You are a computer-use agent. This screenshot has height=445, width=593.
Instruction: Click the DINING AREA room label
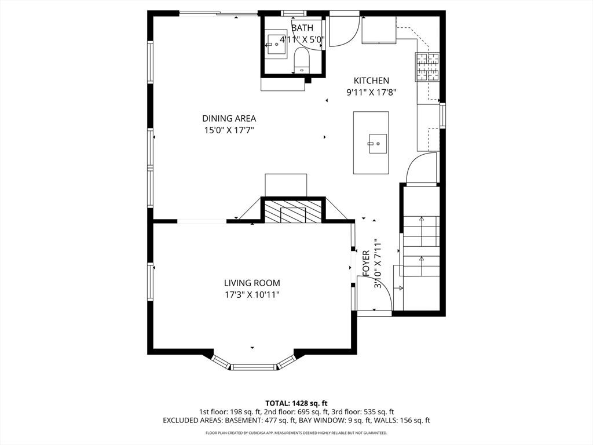pyautogui.click(x=229, y=118)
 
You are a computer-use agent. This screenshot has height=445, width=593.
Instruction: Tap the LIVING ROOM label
pyautogui.click(x=252, y=283)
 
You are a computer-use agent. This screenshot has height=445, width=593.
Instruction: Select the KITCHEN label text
pyautogui.click(x=371, y=81)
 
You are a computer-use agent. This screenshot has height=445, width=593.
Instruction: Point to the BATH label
pyautogui.click(x=302, y=28)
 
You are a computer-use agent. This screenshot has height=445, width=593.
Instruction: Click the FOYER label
pyautogui.click(x=366, y=263)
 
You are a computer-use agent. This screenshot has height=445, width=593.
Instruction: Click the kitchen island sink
pyautogui.click(x=377, y=144)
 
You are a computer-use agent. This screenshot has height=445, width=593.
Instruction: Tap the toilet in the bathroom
pyautogui.click(x=301, y=61)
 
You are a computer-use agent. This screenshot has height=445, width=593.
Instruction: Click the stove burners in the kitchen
pyautogui.click(x=427, y=67)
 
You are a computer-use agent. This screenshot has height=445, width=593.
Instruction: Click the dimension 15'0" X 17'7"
pyautogui.click(x=229, y=130)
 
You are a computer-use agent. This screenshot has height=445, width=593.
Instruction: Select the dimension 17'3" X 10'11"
pyautogui.click(x=252, y=295)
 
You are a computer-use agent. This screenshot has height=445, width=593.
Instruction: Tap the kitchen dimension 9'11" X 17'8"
pyautogui.click(x=371, y=92)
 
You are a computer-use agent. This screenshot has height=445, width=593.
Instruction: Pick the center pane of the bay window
pyautogui.click(x=254, y=367)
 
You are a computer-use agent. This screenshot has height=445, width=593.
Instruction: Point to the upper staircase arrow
pyautogui.click(x=422, y=226)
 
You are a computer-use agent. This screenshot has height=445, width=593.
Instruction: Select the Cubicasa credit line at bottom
pyautogui.click(x=296, y=433)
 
